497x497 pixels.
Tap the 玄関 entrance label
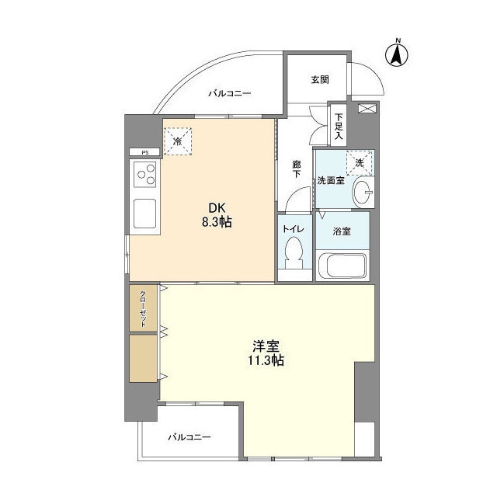(320, 79)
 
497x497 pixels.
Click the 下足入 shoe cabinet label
(339, 127)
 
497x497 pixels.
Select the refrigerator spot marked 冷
(177, 141)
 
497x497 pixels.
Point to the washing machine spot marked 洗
(360, 163)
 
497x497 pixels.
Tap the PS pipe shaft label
(144, 152)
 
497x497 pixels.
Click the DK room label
(215, 207)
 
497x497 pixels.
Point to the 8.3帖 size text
(216, 222)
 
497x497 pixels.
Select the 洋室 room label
(266, 345)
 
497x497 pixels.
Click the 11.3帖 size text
(266, 360)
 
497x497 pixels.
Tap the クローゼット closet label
(144, 309)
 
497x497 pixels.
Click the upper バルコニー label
(229, 94)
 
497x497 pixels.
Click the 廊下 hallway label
(297, 169)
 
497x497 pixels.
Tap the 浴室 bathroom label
(342, 231)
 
